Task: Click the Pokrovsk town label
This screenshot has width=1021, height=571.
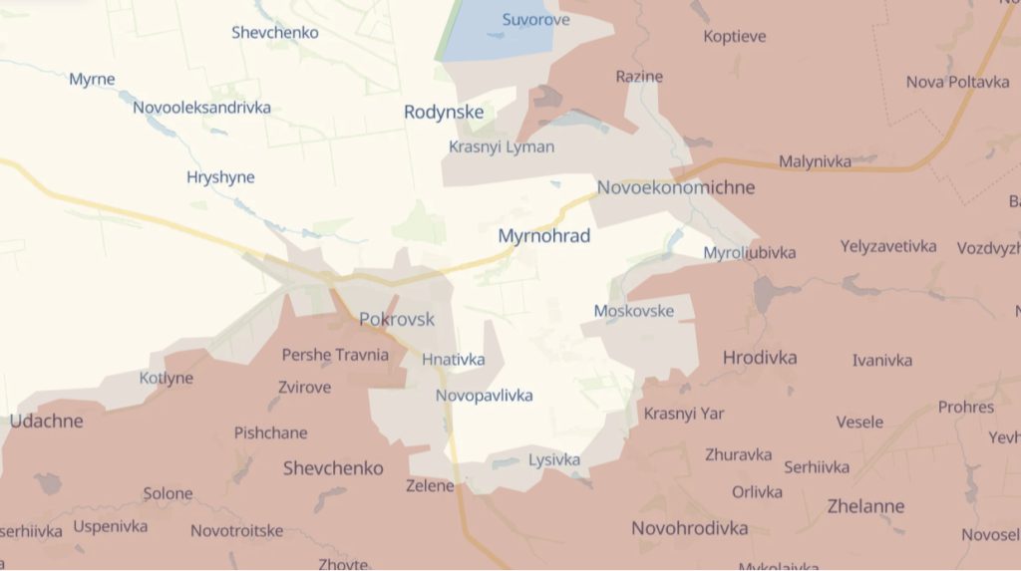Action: (x=397, y=320)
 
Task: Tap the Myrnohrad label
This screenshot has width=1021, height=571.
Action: (x=544, y=236)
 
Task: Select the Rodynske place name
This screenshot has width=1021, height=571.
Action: (x=444, y=112)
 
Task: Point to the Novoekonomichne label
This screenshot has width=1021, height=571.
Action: (x=676, y=187)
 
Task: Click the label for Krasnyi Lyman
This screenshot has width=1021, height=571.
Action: (x=502, y=146)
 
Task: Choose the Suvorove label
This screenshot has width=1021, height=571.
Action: (x=536, y=20)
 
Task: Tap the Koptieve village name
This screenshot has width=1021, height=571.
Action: (x=735, y=37)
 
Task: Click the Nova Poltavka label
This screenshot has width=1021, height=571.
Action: (x=957, y=82)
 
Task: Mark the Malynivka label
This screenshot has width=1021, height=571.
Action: (x=816, y=160)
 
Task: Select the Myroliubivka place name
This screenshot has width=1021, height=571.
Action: (x=750, y=252)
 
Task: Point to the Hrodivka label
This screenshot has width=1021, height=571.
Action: (x=760, y=357)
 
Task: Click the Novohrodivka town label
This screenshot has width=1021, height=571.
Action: (x=690, y=528)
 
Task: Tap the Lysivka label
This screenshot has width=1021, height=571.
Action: (x=554, y=459)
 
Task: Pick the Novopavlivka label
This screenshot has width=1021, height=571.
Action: (x=484, y=396)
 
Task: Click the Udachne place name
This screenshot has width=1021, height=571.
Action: (x=47, y=421)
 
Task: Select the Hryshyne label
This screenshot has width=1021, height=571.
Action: (x=220, y=177)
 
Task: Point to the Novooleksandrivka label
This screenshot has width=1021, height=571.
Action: (x=201, y=107)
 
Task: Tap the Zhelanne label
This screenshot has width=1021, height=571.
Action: (x=866, y=505)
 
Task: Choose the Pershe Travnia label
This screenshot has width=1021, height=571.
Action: (x=335, y=355)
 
